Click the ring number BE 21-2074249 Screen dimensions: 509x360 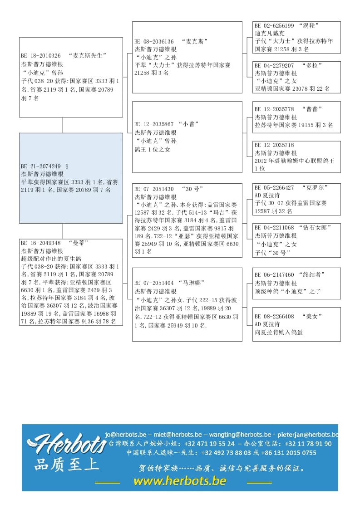click(40, 166)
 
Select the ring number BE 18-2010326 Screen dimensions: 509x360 click(41, 56)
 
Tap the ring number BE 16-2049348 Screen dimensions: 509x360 click(41, 243)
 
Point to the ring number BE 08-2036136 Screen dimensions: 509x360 click(154, 41)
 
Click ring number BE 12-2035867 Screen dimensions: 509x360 click(154, 124)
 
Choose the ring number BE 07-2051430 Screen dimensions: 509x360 click(154, 189)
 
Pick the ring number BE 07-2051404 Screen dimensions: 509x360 click(154, 283)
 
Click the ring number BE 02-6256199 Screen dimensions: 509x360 click(274, 26)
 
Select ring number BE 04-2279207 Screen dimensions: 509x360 click(274, 65)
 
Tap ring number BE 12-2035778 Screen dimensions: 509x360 click(274, 109)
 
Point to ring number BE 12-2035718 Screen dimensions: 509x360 click(274, 145)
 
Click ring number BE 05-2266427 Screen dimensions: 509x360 click(274, 187)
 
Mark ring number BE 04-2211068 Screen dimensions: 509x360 click(274, 227)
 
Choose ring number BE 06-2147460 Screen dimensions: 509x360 click(274, 274)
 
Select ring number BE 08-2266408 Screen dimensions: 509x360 click(274, 316)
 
